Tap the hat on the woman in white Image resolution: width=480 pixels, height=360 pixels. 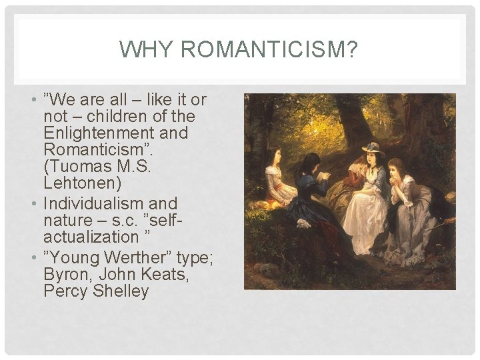pyautogui.click(x=372, y=148)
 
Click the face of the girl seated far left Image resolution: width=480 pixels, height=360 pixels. pyautogui.click(x=275, y=154)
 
